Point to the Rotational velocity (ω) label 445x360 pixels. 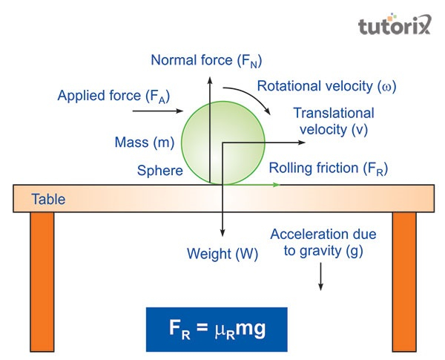[x=327, y=86]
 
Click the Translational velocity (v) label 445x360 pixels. [x=334, y=122]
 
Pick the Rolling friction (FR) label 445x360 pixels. [x=329, y=168]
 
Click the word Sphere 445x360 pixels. [x=159, y=171]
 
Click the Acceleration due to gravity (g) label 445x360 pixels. [x=323, y=243]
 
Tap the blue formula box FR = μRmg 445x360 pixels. [x=216, y=328]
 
